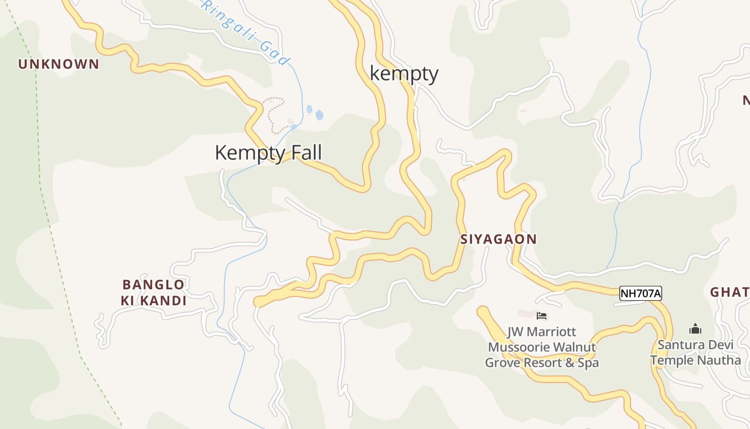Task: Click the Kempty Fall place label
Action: click(268, 153)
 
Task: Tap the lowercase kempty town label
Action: click(404, 74)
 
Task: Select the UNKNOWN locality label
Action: click(59, 64)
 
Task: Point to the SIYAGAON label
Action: click(498, 239)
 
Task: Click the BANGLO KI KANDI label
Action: click(154, 292)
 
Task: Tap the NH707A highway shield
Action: click(641, 293)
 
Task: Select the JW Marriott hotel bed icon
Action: click(542, 316)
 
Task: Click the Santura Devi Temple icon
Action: click(695, 329)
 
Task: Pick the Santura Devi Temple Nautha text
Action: click(695, 352)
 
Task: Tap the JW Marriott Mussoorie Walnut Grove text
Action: click(542, 347)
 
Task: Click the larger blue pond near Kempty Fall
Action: click(320, 115)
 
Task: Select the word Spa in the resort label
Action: click(586, 363)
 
